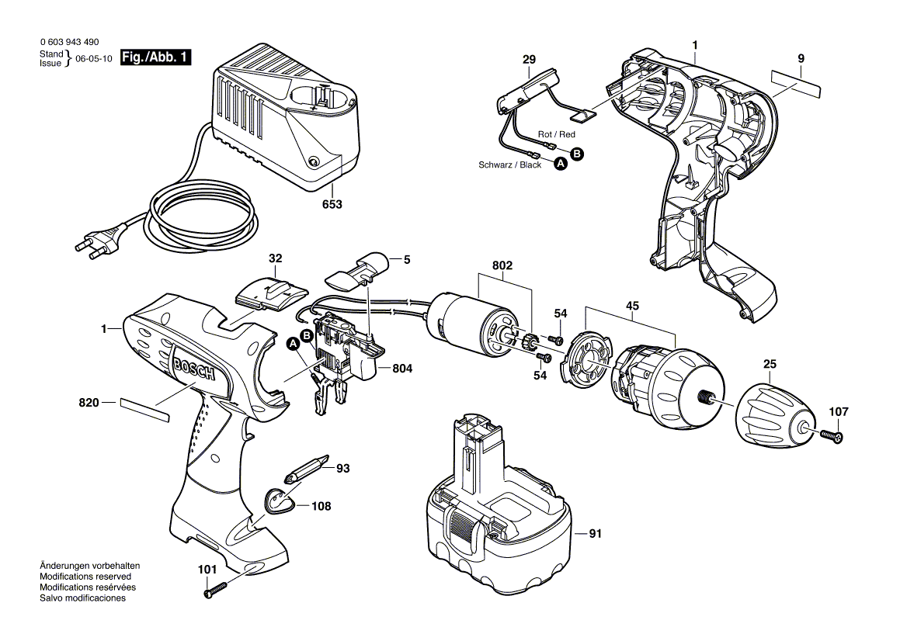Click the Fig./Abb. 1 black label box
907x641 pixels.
[156, 58]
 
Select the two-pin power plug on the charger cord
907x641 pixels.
[96, 241]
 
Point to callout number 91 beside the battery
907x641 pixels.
[596, 534]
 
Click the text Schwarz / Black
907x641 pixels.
[509, 165]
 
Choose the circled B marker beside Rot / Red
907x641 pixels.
[576, 154]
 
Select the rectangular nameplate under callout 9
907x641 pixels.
[797, 82]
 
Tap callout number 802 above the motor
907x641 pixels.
[502, 266]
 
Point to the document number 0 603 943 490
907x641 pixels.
[69, 42]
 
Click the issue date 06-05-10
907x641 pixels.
[94, 59]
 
